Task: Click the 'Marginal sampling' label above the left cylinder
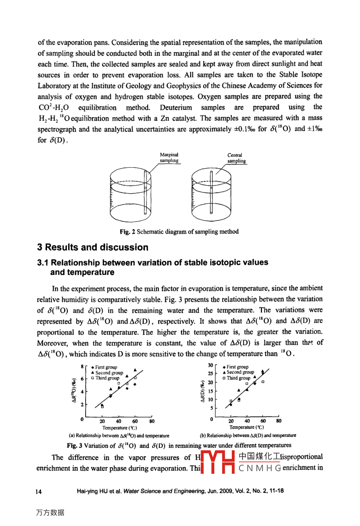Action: [x=169, y=158]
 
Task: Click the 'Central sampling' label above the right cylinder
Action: [x=235, y=158]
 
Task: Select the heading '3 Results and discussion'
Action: [x=93, y=247]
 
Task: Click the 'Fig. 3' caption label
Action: [x=74, y=446]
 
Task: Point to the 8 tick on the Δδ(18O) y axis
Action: [x=82, y=366]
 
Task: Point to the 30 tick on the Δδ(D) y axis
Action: [x=210, y=365]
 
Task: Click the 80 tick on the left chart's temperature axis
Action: [x=152, y=421]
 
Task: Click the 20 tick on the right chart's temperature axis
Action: [x=231, y=421]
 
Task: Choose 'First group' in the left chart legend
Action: [x=106, y=367]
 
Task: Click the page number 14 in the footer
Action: [x=39, y=491]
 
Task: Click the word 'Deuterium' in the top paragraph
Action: [x=176, y=108]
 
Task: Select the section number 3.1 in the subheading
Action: [x=43, y=263]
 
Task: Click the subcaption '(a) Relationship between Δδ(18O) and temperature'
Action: [x=119, y=436]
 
